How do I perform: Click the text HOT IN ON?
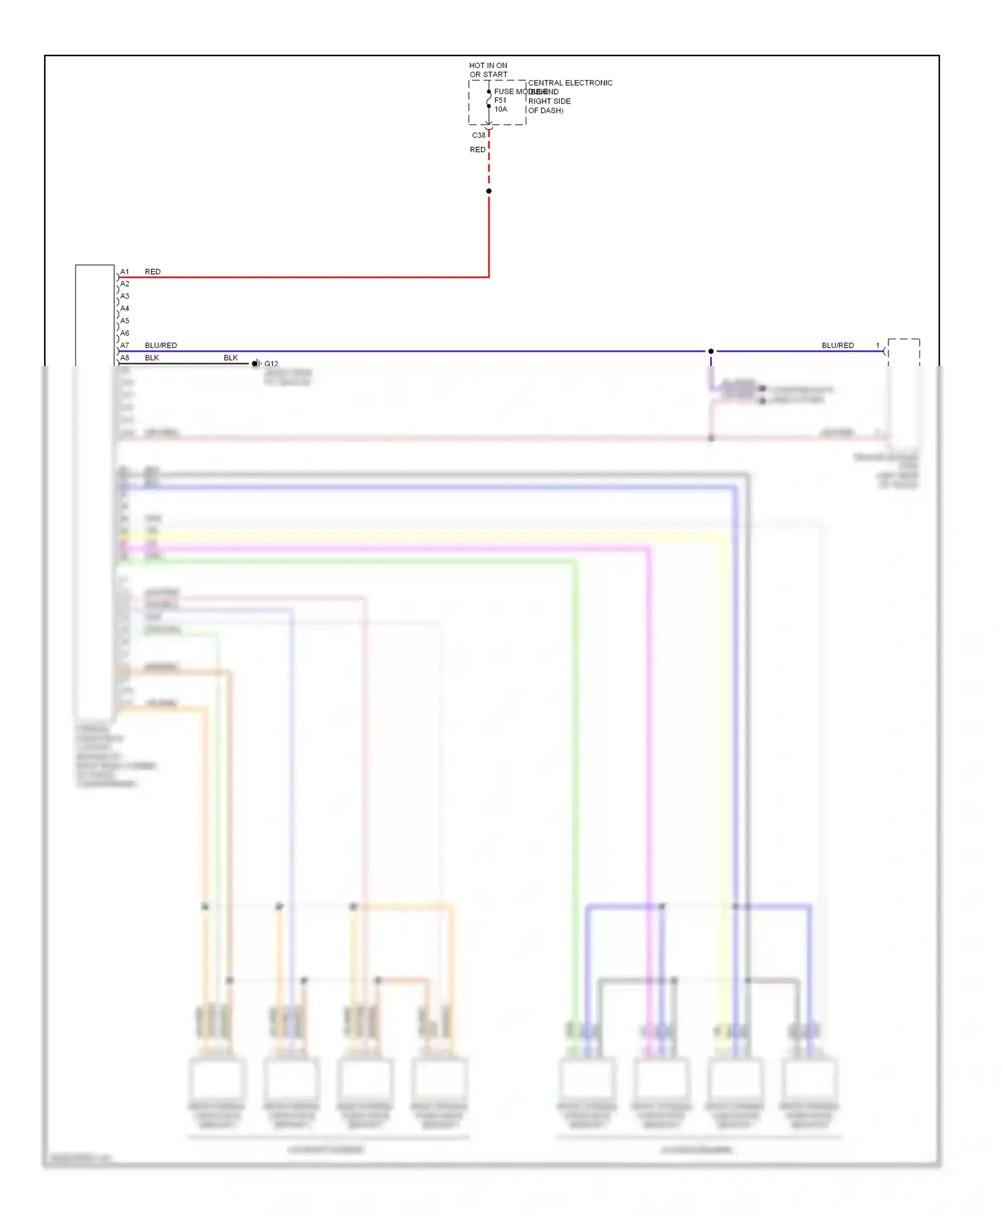[x=488, y=65]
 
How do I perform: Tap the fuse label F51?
[x=500, y=100]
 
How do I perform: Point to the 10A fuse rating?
[x=500, y=110]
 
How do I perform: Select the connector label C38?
[x=479, y=135]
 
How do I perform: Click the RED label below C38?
[x=478, y=150]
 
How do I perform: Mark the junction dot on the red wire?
[x=489, y=191]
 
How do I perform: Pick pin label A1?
[x=125, y=272]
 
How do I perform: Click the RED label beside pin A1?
[x=152, y=272]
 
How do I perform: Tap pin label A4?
[x=125, y=309]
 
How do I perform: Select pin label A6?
[x=125, y=333]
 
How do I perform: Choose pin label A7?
[x=125, y=345]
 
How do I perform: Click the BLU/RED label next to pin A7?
[x=160, y=345]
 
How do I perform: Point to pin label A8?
[x=125, y=358]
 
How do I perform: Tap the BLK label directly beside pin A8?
[x=152, y=358]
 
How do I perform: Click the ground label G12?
[x=271, y=364]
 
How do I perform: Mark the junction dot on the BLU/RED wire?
[x=711, y=351]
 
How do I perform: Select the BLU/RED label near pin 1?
[x=838, y=345]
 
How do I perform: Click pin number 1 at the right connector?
[x=878, y=345]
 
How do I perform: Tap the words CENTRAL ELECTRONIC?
[x=570, y=83]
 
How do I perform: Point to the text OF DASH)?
[x=546, y=111]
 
